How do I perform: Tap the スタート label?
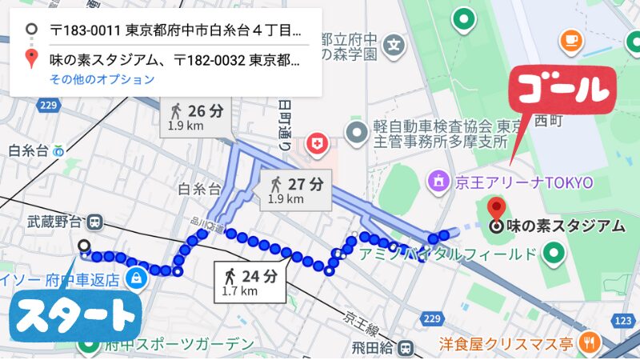[75, 316]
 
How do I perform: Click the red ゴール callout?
[564, 90]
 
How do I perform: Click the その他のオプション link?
[102, 79]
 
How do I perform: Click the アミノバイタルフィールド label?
[448, 254]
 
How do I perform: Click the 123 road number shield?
[625, 319]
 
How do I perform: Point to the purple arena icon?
[438, 182]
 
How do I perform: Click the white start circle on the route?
[84, 246]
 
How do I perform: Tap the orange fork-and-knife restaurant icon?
[591, 343]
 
